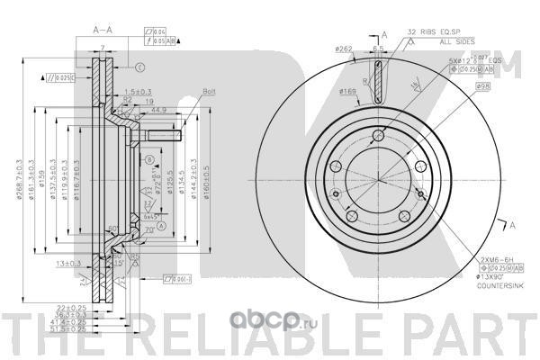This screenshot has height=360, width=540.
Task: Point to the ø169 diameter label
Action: point(349,91)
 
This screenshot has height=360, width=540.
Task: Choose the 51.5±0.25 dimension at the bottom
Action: point(60,331)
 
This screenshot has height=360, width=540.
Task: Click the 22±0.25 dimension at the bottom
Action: point(62,307)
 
